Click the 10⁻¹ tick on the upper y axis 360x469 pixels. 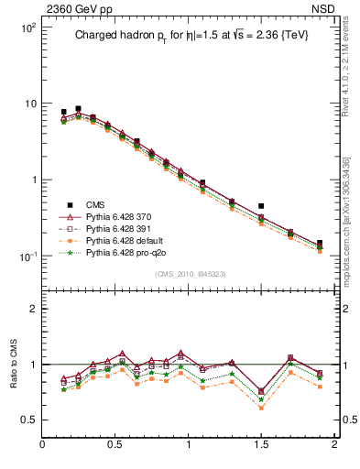tap(27, 256)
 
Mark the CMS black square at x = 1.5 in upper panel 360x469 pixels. tap(261, 206)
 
